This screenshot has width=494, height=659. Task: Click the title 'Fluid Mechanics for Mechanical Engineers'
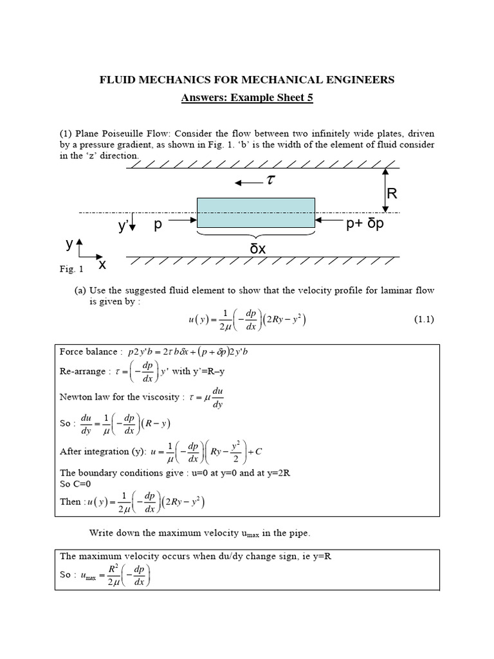click(x=246, y=80)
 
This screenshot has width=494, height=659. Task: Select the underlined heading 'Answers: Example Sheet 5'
click(x=246, y=97)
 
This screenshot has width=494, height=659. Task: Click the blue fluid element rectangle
click(x=255, y=212)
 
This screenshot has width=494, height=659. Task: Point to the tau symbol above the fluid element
click(x=270, y=183)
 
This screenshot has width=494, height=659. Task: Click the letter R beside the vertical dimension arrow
click(x=392, y=194)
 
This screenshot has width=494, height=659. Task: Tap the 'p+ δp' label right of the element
click(x=364, y=226)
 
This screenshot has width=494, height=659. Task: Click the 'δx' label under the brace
click(x=257, y=248)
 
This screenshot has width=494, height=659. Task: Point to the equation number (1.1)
click(x=422, y=319)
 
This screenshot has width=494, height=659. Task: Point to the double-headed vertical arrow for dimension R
click(x=384, y=190)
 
